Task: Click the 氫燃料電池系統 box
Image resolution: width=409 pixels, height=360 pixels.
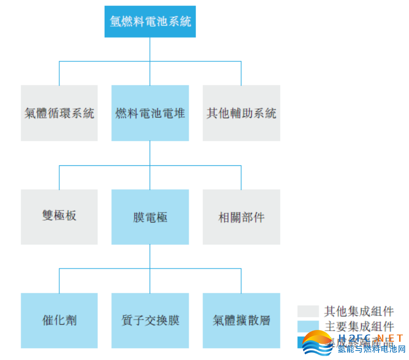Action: click(150, 22)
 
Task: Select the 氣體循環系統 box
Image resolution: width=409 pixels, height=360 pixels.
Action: click(59, 113)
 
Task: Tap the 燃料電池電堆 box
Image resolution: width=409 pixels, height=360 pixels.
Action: click(150, 113)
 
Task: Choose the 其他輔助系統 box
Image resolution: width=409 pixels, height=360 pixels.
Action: click(241, 113)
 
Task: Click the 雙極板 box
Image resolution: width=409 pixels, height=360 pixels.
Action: click(59, 217)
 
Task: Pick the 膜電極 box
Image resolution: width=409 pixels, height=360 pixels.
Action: click(150, 217)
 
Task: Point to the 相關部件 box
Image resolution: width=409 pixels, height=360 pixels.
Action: click(241, 217)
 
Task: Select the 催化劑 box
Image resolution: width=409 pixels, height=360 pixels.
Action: click(59, 320)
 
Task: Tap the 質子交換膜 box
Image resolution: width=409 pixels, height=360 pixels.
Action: click(150, 320)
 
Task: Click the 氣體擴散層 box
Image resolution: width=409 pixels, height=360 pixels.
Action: click(241, 320)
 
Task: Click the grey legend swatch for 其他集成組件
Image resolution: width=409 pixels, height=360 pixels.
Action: click(308, 311)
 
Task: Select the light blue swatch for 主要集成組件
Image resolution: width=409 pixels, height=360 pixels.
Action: click(308, 326)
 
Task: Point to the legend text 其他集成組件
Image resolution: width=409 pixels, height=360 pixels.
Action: click(359, 311)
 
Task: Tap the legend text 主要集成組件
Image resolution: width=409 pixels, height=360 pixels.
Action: click(359, 326)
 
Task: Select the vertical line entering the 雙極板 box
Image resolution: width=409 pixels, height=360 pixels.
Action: click(59, 178)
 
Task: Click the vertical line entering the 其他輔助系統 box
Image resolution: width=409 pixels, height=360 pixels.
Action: click(241, 73)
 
